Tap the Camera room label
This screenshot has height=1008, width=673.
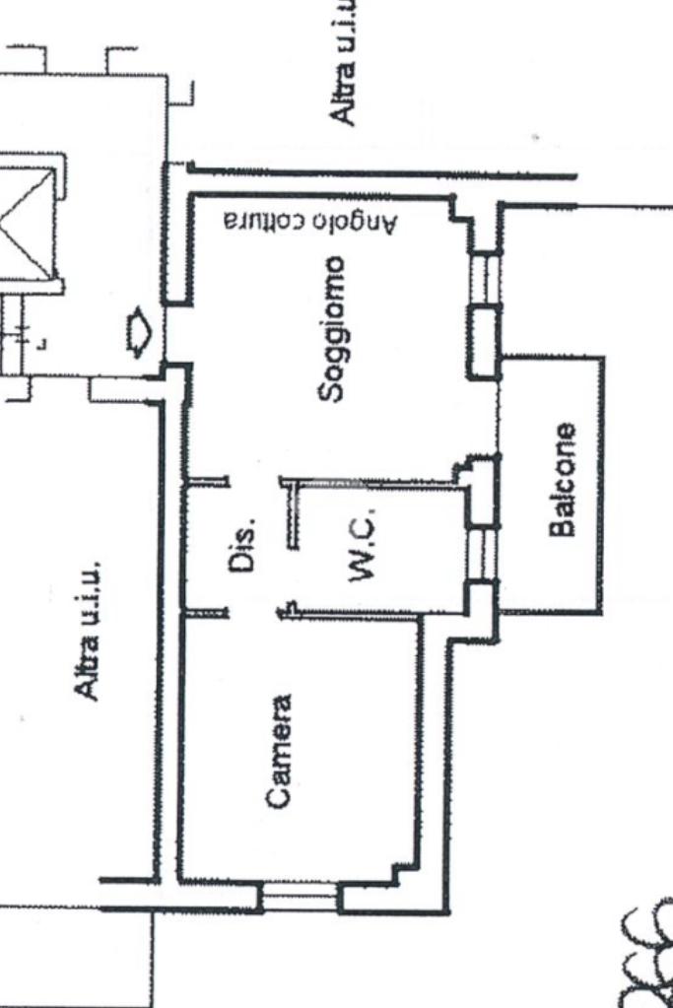(x=280, y=753)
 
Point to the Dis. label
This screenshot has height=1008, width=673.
(x=244, y=544)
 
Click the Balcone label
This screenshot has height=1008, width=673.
(x=563, y=481)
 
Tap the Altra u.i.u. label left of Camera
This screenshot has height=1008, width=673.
(x=89, y=630)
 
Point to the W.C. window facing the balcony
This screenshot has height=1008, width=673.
(x=482, y=553)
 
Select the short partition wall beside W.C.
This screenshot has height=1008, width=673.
(x=292, y=512)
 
